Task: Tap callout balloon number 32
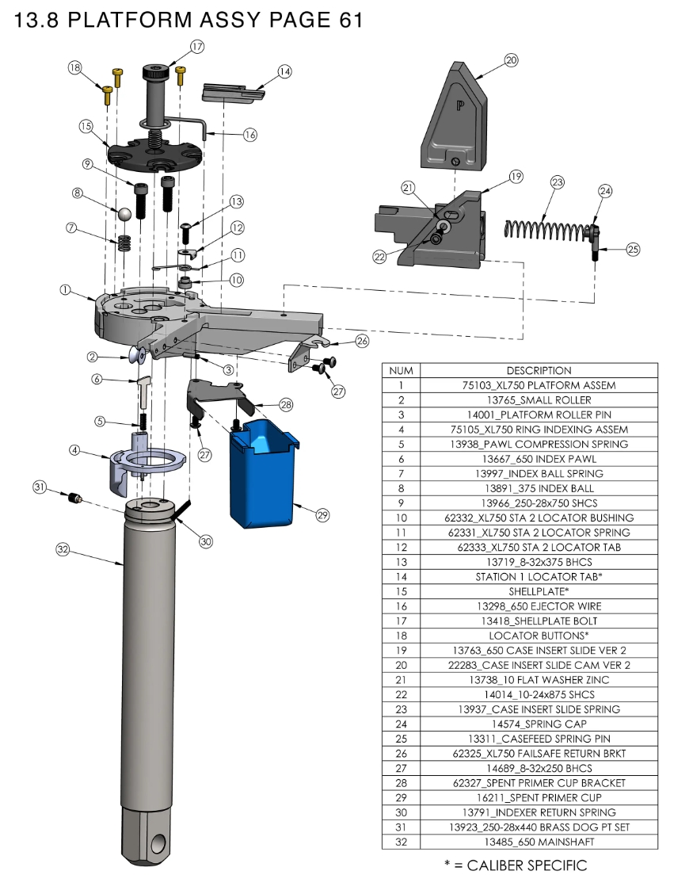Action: click(63, 548)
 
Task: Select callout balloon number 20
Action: click(511, 59)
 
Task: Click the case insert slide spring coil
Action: click(546, 227)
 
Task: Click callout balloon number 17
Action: click(197, 47)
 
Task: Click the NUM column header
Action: click(402, 370)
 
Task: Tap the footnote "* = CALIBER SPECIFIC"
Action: click(516, 865)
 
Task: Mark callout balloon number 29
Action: click(322, 515)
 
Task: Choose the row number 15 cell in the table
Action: click(402, 591)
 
